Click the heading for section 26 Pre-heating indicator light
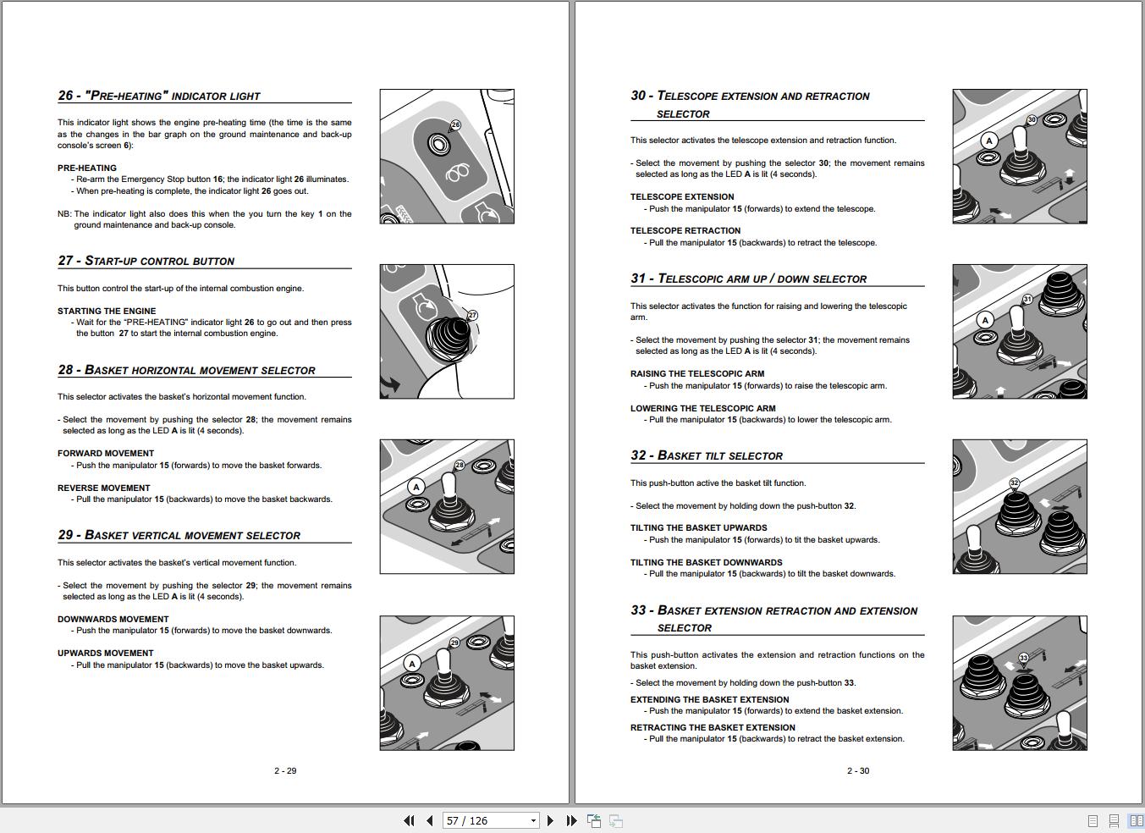(159, 96)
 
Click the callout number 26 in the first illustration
(455, 124)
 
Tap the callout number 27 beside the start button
(472, 315)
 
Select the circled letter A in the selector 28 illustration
(416, 487)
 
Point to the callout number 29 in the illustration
(454, 643)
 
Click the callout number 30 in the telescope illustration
(1032, 120)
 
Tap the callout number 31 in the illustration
(1027, 300)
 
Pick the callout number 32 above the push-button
(1014, 483)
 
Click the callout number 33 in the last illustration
(1023, 658)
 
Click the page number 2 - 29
(285, 770)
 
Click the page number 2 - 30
(858, 770)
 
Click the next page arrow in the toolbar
(550, 820)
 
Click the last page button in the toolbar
(571, 820)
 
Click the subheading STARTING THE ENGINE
(107, 311)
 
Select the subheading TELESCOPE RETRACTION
(685, 230)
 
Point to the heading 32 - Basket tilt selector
(707, 455)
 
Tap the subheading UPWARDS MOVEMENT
(106, 653)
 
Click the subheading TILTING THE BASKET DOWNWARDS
(706, 562)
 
